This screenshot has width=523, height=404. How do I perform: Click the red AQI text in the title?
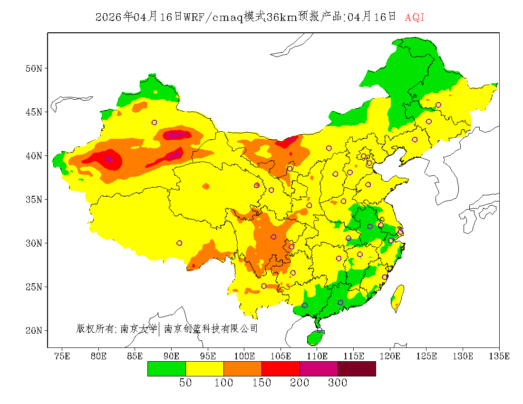click(x=414, y=18)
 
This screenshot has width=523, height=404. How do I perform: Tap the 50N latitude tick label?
click(x=33, y=68)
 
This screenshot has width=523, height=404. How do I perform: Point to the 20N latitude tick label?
click(x=33, y=330)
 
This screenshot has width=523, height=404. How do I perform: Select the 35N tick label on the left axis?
click(x=33, y=199)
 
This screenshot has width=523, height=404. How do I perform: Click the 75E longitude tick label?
click(x=62, y=356)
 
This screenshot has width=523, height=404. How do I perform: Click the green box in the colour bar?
click(x=166, y=368)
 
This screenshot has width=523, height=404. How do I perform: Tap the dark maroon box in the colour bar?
click(x=357, y=368)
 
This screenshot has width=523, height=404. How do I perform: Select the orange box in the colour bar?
click(x=242, y=368)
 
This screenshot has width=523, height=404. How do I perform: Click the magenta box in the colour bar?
click(x=319, y=368)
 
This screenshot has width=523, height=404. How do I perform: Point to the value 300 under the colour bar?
click(x=338, y=383)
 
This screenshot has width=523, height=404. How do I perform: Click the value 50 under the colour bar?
click(x=185, y=383)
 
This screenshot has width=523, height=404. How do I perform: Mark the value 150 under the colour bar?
click(x=261, y=383)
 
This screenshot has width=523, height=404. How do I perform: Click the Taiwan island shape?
click(x=397, y=297)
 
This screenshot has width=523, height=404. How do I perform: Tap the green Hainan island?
click(x=315, y=338)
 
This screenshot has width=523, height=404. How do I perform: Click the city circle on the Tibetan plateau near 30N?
click(x=179, y=243)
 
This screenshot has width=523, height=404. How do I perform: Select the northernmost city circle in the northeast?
click(x=438, y=105)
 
